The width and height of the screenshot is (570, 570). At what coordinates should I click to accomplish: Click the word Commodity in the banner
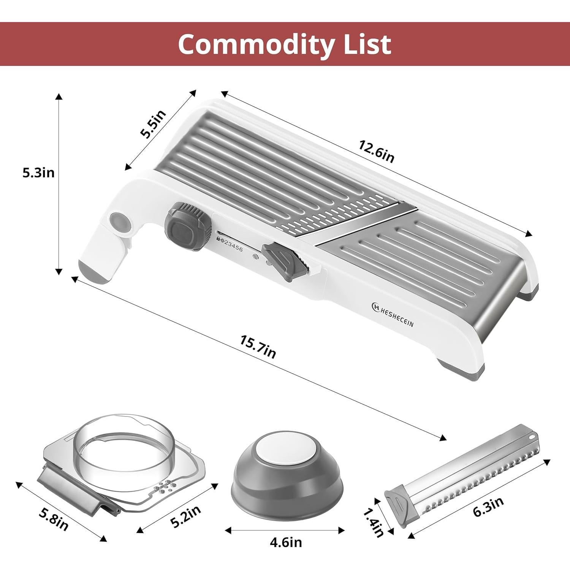point(255,44)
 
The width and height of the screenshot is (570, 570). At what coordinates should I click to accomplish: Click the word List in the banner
point(366,44)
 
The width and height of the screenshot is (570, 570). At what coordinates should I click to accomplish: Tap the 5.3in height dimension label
point(38,173)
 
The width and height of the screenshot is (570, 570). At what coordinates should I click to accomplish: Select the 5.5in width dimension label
point(154,124)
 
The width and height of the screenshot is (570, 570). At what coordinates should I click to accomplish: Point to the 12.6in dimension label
point(377,151)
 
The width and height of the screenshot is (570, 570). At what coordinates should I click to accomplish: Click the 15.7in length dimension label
point(258,346)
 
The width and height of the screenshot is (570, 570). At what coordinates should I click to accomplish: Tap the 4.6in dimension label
point(286,542)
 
